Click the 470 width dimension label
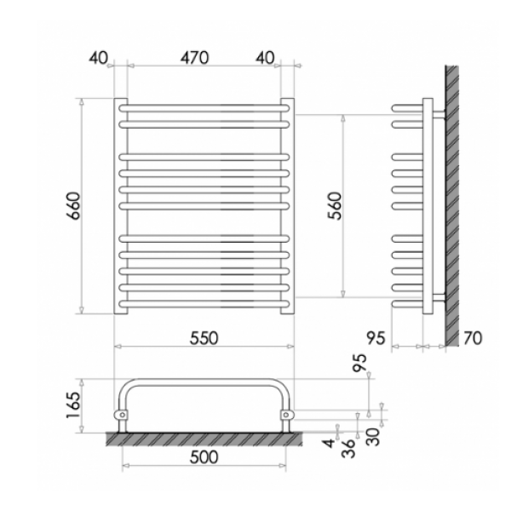194,58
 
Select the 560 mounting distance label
335,206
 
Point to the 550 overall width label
204,338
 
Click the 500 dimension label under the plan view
204,456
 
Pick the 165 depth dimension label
72,405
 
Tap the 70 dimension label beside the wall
473,338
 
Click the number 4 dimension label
330,443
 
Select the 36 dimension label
347,449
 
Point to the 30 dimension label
373,437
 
